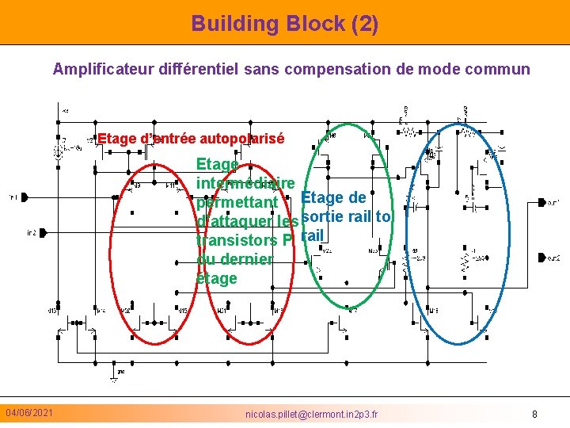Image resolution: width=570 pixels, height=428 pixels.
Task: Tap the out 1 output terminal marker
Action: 541,203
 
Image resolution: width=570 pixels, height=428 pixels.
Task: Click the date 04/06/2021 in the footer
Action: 29,413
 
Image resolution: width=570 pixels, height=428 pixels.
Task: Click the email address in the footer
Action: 312,414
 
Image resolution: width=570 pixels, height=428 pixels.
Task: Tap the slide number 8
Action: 534,414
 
